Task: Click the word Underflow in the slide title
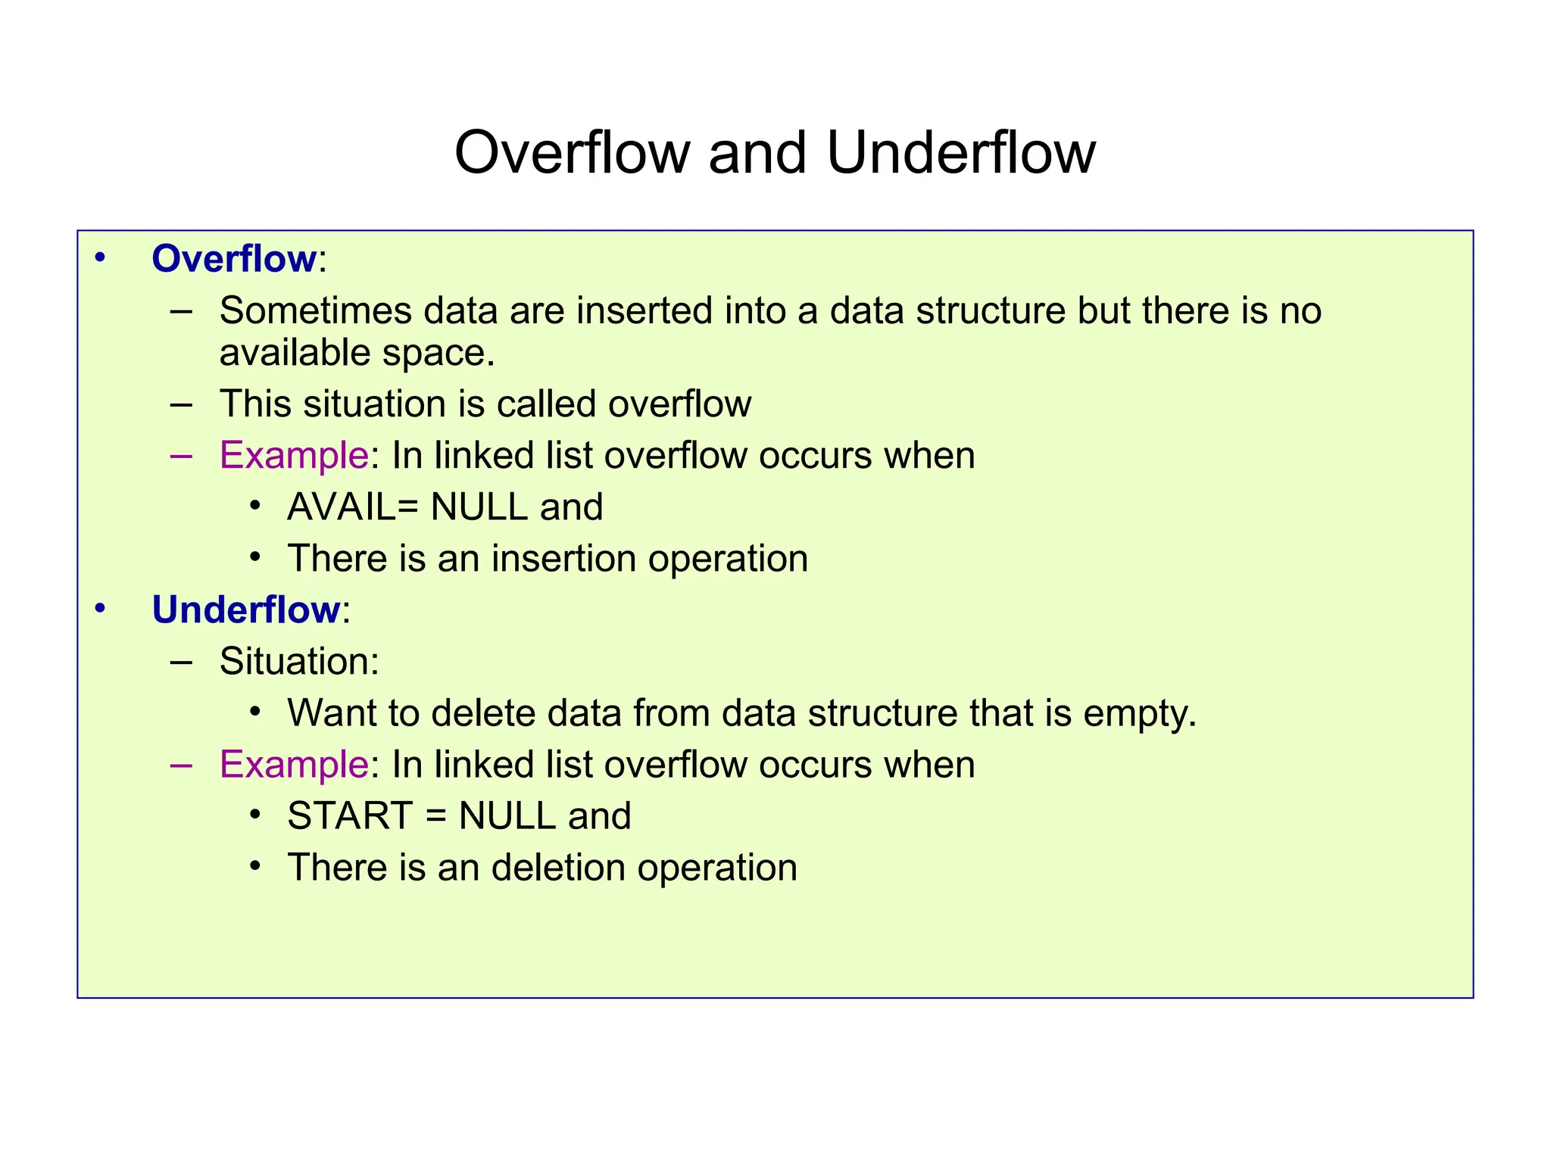[x=960, y=153]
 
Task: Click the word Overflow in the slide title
[x=572, y=153]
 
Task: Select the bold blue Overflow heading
[x=234, y=259]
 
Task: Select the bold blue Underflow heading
[x=246, y=610]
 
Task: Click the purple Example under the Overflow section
[x=293, y=456]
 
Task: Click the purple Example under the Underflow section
[x=293, y=765]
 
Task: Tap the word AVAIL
[x=341, y=507]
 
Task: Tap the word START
[x=350, y=816]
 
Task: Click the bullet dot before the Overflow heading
[x=100, y=259]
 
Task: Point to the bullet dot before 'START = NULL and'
[x=255, y=815]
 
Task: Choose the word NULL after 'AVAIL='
[x=479, y=507]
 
